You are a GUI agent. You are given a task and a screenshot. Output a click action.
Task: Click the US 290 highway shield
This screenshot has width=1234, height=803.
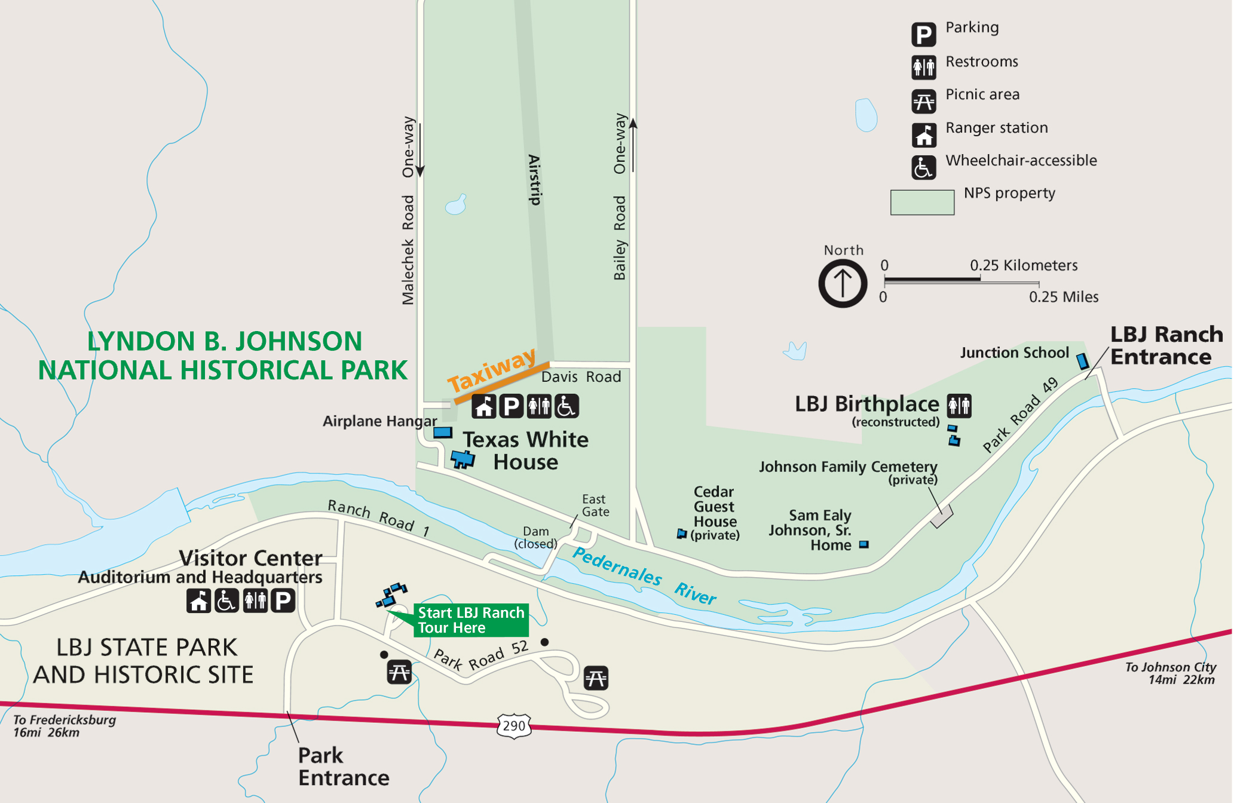513,726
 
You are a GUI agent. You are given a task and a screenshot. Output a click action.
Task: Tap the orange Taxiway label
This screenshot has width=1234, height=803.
492,369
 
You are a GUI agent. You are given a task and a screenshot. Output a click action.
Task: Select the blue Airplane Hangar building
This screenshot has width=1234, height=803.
443,432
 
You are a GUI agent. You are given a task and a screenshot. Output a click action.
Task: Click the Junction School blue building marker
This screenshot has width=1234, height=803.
1082,361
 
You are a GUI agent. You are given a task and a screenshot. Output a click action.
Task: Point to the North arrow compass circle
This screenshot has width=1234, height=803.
843,283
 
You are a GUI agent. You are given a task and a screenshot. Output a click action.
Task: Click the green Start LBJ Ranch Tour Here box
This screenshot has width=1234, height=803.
471,620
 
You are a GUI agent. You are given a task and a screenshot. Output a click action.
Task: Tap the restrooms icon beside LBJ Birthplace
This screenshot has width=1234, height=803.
959,406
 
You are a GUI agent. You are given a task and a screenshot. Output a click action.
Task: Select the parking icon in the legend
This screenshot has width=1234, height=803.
923,34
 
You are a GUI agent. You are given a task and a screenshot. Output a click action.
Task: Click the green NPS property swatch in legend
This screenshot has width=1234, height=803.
921,202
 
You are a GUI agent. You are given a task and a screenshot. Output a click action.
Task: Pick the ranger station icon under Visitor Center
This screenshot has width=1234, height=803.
198,600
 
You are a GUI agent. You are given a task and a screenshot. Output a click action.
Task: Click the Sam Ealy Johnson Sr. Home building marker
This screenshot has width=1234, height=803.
864,544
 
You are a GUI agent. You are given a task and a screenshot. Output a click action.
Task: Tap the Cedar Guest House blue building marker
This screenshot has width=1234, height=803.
681,534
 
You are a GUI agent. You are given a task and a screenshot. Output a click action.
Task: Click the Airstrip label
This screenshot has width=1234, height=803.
535,180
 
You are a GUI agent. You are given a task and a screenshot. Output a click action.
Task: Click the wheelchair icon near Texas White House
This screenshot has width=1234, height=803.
566,406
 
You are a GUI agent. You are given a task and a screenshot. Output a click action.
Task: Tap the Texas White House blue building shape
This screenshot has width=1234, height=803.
462,459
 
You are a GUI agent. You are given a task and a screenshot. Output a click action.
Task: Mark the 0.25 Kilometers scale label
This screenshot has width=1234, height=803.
1023,265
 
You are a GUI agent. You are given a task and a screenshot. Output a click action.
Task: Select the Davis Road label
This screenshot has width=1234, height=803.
581,377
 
